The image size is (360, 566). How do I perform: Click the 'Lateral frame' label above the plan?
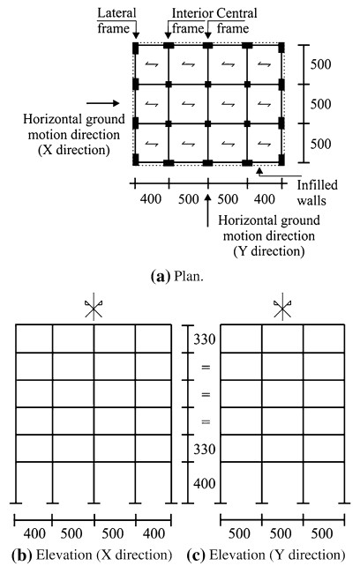tap(116, 20)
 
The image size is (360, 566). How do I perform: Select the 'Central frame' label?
tap(236, 20)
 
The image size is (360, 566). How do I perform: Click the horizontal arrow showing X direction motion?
tap(102, 103)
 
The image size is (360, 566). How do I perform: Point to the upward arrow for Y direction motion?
tap(207, 211)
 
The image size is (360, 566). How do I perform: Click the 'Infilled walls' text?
tap(317, 192)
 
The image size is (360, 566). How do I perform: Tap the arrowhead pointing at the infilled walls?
tap(259, 170)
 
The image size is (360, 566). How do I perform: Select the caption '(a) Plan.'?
tap(176, 277)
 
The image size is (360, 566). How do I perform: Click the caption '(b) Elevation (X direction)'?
tap(92, 555)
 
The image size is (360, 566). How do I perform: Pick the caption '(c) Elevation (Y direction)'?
tap(266, 555)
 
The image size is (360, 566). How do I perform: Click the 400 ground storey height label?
tap(204, 483)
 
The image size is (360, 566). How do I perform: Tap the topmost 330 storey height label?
tap(204, 339)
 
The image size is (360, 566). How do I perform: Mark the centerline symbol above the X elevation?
tap(94, 309)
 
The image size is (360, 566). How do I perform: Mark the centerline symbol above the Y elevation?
tap(282, 309)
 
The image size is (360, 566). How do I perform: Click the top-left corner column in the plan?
tap(136, 48)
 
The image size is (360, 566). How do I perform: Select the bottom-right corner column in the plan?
tap(281, 160)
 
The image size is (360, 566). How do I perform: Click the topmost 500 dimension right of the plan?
tap(321, 64)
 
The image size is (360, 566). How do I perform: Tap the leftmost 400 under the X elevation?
tap(34, 534)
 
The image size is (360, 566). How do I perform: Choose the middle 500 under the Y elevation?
tap(281, 534)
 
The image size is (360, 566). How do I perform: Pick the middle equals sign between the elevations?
tap(206, 395)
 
